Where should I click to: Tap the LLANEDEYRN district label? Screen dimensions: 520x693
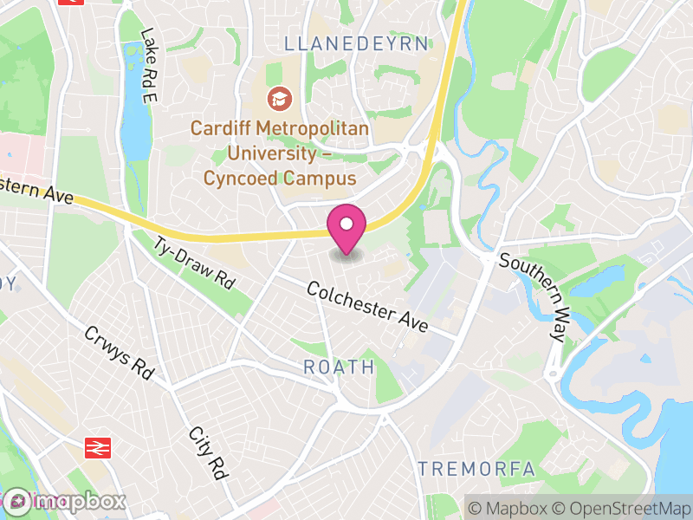pyautogui.click(x=356, y=44)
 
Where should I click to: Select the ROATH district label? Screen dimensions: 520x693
pyautogui.click(x=339, y=367)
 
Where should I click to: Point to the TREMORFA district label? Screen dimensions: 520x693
pyautogui.click(x=476, y=469)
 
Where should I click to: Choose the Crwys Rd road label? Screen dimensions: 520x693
pyautogui.click(x=118, y=353)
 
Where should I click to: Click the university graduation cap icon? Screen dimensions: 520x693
pyautogui.click(x=279, y=100)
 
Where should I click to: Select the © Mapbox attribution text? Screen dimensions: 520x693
pyautogui.click(x=511, y=507)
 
